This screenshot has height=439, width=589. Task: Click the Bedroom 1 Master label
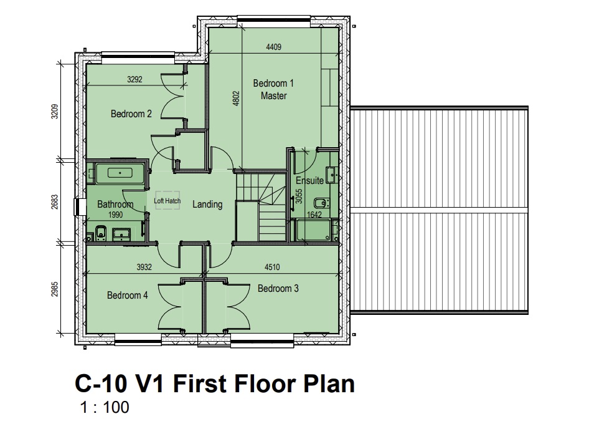273,90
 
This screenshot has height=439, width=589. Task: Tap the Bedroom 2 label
131,113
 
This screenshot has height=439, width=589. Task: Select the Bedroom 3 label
278,289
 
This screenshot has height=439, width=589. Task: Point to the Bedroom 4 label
128,296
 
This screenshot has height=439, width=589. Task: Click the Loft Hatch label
167,201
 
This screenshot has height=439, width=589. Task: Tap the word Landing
207,205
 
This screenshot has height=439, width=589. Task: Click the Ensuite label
309,181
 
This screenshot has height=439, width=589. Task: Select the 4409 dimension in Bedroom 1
273,47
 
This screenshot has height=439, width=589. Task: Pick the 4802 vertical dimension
236,98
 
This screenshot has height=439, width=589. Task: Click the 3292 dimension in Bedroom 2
134,79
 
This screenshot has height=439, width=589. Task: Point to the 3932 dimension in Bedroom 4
144,267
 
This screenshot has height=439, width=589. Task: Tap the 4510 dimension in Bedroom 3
272,267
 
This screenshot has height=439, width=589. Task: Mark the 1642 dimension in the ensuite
314,215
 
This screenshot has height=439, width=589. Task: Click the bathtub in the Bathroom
120,173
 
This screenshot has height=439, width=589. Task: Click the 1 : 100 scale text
105,407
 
